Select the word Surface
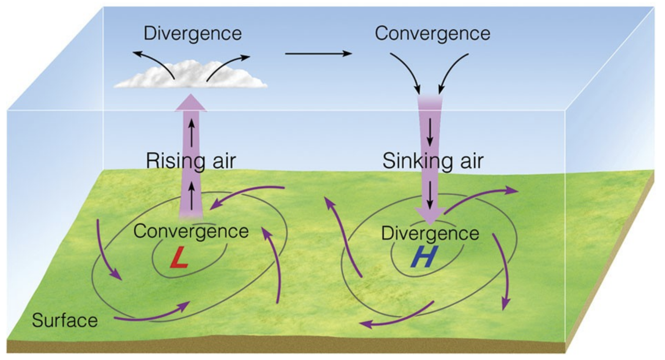tap(65, 321)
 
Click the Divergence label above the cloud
tap(193, 33)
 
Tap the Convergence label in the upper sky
tap(432, 33)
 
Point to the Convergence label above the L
tap(191, 231)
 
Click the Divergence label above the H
tap(430, 233)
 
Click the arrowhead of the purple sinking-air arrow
tap(429, 215)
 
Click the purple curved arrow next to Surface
tap(150, 314)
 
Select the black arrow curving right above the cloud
tap(228, 65)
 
